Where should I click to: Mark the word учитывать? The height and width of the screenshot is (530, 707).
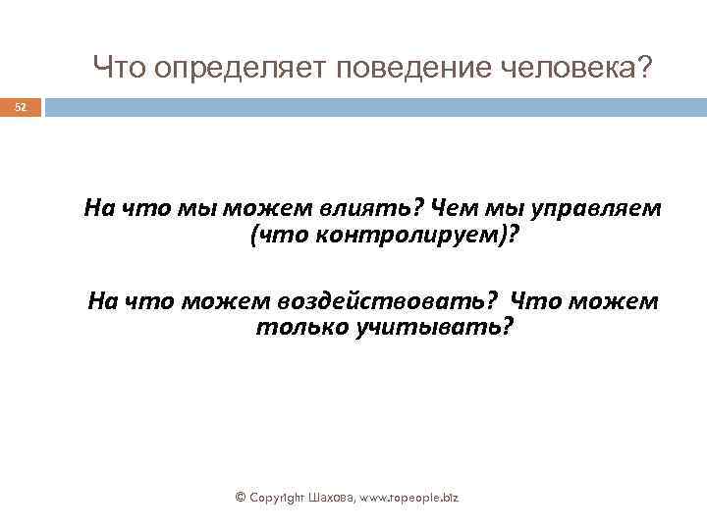[431, 326]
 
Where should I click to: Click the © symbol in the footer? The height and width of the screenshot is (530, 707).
[242, 498]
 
